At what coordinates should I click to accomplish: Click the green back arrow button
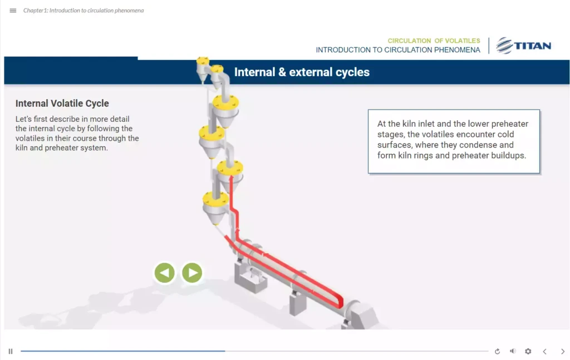tap(164, 273)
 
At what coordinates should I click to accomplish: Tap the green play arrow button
tap(192, 273)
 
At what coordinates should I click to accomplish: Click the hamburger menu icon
tap(13, 11)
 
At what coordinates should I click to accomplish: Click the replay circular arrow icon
tap(497, 351)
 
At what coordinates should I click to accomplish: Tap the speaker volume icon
tap(513, 351)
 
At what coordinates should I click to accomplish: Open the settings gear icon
tap(528, 351)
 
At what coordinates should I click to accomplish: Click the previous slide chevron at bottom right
tap(544, 351)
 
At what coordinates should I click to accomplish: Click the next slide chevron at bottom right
tap(563, 351)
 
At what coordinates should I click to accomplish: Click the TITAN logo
tap(523, 46)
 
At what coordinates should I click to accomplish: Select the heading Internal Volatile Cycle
tap(62, 103)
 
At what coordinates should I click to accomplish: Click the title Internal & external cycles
tap(302, 72)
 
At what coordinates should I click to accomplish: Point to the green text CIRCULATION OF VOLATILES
tap(434, 41)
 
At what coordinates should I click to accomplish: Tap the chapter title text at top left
tap(83, 11)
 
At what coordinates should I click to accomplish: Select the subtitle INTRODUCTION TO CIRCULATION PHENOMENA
tap(397, 50)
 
